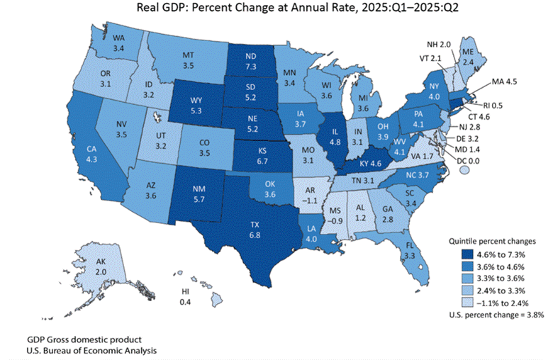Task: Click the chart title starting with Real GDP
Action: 276,9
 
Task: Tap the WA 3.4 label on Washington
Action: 118,45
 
